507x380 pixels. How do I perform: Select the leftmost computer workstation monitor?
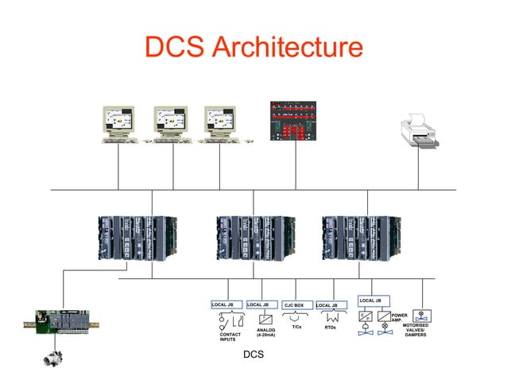pos(120,122)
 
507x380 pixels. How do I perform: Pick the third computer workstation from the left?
pos(223,122)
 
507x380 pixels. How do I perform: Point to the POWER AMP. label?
pos(400,318)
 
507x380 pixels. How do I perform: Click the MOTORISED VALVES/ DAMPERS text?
pos(416,330)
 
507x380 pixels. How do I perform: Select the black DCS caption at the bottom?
pos(253,354)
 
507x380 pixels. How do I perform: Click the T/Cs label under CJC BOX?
pos(296,327)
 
